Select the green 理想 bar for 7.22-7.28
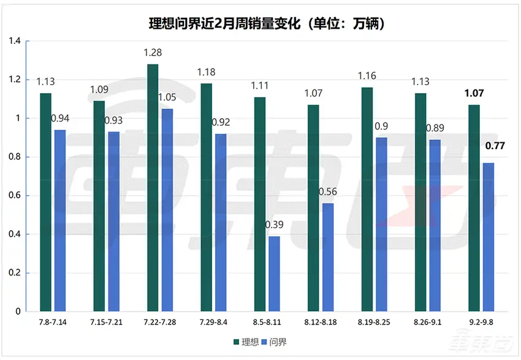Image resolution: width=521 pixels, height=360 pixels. point(153,188)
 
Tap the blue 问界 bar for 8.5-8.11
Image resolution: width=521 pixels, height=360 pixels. point(274,274)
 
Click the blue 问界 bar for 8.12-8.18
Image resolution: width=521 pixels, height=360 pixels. point(328,257)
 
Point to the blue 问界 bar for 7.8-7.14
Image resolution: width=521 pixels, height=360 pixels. point(60,221)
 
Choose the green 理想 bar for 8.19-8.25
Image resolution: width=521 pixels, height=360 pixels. point(367,199)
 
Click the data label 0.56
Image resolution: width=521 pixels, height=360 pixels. point(328,191)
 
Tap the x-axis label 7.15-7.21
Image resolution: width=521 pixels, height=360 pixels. point(107,322)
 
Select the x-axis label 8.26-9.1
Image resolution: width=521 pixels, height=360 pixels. point(428,322)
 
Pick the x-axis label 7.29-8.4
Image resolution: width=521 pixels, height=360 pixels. point(214,322)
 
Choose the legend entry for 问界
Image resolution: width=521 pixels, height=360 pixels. point(273,342)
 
